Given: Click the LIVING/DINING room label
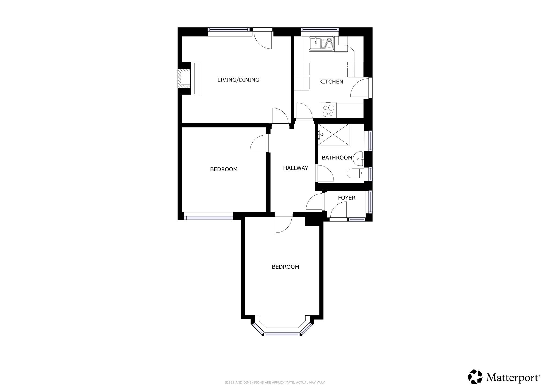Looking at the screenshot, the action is coord(238,80).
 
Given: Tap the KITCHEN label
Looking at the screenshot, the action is coord(331,81).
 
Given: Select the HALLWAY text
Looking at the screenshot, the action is coord(296,168).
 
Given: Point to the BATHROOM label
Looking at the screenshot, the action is coord(337,158).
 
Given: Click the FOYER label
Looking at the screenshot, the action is coord(347,198).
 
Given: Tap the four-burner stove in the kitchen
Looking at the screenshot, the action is coord(328,110).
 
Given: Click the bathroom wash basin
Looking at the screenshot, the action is coord(359,158).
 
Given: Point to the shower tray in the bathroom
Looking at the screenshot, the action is coord(334,135).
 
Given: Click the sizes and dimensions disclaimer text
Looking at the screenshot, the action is coord(275,382).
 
